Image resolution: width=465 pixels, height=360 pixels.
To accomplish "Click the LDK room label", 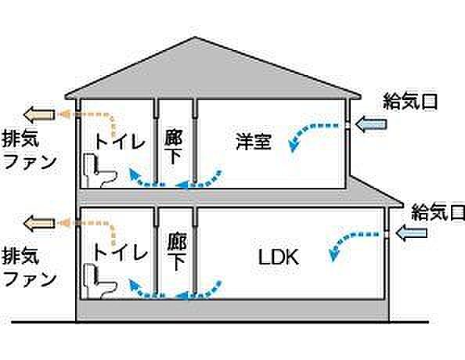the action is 279,257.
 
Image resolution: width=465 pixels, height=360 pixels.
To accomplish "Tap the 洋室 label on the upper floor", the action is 254,142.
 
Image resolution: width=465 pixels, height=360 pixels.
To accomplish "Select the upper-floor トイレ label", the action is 120,141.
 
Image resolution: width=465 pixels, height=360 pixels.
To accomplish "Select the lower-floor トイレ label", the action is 120,253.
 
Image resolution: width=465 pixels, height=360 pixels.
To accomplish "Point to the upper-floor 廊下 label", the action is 174,146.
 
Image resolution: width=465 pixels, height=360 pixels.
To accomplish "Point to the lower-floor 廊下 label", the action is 176,253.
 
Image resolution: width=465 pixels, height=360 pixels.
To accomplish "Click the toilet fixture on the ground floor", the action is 100,281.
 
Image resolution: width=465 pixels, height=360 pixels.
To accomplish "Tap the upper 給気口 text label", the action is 410,102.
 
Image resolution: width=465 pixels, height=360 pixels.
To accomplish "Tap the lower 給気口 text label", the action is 438,212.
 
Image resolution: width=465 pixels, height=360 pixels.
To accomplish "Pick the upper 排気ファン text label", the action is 30,151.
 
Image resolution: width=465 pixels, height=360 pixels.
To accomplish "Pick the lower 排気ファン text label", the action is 30,268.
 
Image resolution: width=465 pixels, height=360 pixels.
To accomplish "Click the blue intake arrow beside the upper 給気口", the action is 371,124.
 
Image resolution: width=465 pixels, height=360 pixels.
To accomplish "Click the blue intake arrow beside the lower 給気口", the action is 411,232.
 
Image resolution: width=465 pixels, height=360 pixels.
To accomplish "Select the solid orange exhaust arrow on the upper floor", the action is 39,115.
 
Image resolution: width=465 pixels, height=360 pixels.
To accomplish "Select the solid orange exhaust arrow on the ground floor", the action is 39,224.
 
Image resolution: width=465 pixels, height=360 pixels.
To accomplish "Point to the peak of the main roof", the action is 195,37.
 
